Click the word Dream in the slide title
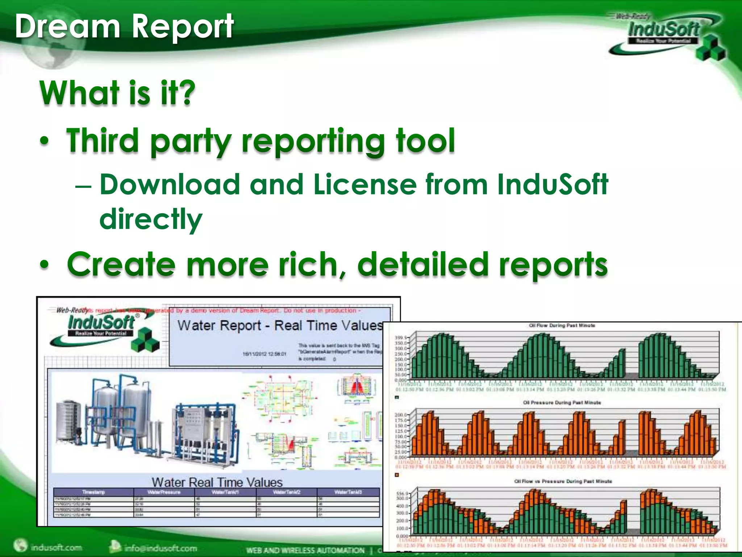(x=67, y=26)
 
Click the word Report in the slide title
(x=182, y=26)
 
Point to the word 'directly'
(x=151, y=219)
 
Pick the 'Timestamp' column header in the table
(x=93, y=492)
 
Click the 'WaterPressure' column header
(x=164, y=492)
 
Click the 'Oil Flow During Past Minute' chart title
(x=562, y=325)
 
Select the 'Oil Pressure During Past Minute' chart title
(x=562, y=403)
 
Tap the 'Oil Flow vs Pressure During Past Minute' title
(x=563, y=481)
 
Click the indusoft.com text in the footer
(x=56, y=547)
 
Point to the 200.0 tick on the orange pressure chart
(x=400, y=414)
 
